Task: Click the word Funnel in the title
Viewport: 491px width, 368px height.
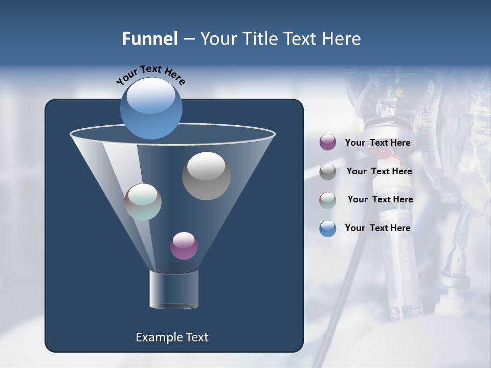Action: (150, 39)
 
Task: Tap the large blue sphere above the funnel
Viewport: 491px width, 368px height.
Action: (151, 108)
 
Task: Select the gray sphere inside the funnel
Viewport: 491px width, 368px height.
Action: (206, 176)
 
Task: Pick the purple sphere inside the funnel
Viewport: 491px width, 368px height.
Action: (184, 246)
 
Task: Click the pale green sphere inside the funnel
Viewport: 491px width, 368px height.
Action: (143, 202)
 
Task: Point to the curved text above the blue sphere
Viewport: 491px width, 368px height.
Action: (150, 75)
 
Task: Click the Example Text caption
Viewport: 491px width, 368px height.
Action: (172, 337)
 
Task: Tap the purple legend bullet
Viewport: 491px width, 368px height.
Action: (328, 143)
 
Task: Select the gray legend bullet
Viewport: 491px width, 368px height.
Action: (328, 172)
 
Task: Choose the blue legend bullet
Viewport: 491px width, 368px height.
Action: (328, 228)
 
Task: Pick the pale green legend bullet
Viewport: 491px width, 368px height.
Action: (328, 200)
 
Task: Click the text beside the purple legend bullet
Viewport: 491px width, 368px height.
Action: (377, 143)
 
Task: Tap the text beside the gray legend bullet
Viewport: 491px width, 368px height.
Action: (379, 172)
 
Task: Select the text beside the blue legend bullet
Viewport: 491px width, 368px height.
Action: (377, 228)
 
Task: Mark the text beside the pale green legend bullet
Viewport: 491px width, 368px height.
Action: (380, 200)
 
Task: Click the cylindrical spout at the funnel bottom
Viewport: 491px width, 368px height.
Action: (174, 289)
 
